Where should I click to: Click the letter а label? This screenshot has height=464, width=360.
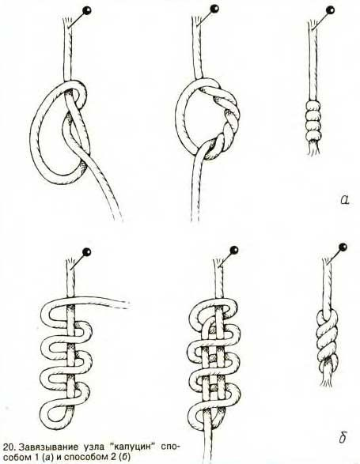coord(345,200)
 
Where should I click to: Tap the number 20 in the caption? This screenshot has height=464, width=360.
coord(7,446)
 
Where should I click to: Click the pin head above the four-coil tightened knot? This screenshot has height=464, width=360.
coord(330,10)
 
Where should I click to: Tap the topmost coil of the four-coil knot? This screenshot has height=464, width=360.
coord(313,105)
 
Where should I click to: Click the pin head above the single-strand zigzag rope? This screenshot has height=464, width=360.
coord(87,252)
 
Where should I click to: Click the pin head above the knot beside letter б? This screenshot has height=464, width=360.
coord(343,247)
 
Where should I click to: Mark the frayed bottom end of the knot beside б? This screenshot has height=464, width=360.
coord(327,379)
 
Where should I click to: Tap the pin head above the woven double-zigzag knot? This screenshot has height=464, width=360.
coord(234,250)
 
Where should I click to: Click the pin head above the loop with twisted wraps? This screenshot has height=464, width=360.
coord(214,8)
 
